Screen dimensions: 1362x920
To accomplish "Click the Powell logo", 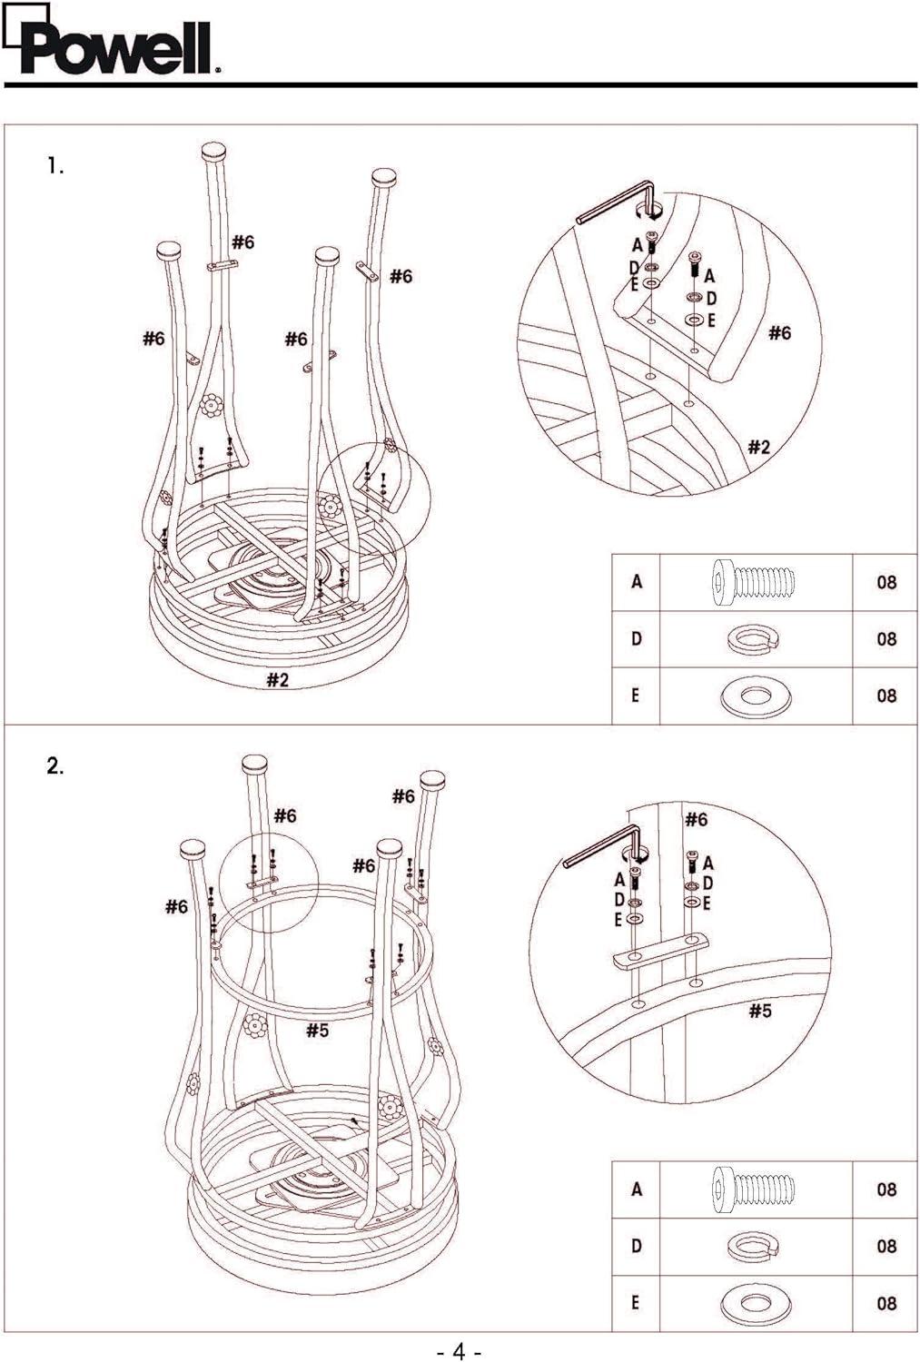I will [114, 47].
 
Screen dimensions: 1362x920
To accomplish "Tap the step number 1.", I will [55, 166].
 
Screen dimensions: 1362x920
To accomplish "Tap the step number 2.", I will [55, 765].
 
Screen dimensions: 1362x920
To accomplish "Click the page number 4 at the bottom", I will [459, 1351].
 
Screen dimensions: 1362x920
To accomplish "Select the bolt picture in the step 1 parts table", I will [754, 581].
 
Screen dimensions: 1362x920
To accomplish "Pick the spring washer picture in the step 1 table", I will [754, 639].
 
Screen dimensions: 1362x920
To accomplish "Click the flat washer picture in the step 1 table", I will [754, 696].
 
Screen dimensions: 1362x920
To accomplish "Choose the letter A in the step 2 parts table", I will [637, 1189].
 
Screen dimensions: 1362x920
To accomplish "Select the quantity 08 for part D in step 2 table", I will [886, 1247].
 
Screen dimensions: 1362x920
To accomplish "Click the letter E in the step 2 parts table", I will [636, 1303].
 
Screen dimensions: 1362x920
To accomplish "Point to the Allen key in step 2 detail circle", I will [599, 844].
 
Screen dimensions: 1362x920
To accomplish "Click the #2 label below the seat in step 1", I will [278, 680].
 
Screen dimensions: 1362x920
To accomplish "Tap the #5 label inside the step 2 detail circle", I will [760, 1011].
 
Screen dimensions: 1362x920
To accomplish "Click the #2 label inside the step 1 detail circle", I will [759, 446].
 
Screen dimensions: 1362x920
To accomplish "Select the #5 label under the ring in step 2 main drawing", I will [317, 1030].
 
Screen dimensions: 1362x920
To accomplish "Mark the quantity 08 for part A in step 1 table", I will [886, 582].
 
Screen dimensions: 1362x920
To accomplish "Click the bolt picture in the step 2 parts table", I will [754, 1189].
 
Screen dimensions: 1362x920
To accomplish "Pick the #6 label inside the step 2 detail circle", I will [696, 820].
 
